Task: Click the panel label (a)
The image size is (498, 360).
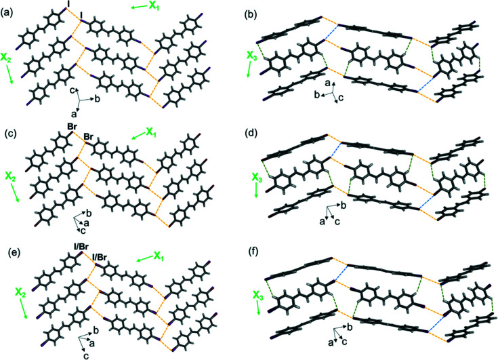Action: click(x=9, y=9)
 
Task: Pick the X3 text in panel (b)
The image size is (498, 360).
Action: click(x=253, y=56)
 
